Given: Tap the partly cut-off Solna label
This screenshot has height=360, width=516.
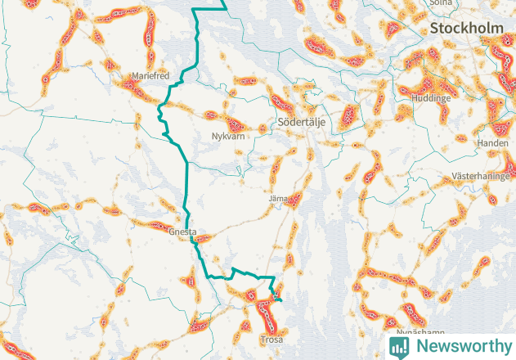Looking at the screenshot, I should [x=441, y=3].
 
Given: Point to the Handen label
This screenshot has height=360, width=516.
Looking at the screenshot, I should [x=493, y=143].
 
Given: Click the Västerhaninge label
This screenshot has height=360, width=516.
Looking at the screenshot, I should [x=482, y=177].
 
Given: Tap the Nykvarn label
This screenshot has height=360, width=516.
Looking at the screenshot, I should [x=228, y=137].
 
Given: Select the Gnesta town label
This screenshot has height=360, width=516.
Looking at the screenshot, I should [x=182, y=232].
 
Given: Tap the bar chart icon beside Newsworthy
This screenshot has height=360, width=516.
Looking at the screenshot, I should [x=399, y=346].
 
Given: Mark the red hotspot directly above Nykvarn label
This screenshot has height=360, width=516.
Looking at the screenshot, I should [x=236, y=125].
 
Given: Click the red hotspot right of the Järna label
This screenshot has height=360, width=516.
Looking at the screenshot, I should [x=296, y=199].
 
